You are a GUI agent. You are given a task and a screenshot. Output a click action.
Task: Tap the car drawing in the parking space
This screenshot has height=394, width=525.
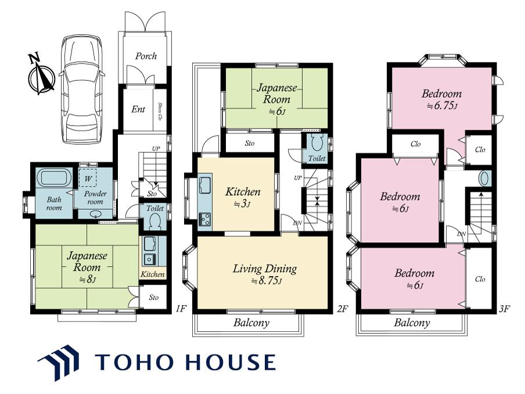coord(82,89)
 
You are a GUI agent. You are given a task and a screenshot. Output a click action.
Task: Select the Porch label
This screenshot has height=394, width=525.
coord(146,56)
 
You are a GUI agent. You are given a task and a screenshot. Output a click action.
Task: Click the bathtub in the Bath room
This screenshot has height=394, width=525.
coord(54,178)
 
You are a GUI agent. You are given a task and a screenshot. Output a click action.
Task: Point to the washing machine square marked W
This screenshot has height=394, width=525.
coord(88,178)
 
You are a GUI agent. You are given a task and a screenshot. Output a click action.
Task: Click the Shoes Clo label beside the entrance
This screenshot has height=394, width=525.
coord(160,111)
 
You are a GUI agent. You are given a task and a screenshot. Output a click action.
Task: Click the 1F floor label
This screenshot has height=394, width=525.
coord(181,308)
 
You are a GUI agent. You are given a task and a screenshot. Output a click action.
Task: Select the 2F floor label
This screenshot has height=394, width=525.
coord(342,309)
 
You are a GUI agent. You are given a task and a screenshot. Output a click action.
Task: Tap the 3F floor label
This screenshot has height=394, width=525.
coord(504,309)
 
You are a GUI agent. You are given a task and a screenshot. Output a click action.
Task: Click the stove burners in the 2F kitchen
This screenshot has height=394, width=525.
coord(205,220)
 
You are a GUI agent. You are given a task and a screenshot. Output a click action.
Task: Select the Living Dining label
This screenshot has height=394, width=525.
coord(265,268)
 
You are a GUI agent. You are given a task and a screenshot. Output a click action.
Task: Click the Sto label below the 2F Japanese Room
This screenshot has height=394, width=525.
coord(250,144)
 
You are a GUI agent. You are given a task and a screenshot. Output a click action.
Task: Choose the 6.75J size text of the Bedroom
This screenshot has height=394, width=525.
coord(442,106)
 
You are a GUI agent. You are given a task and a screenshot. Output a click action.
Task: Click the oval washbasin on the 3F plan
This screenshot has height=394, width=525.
coord(484,178)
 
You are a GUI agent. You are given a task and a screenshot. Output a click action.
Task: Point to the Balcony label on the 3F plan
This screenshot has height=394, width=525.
coord(412,323)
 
